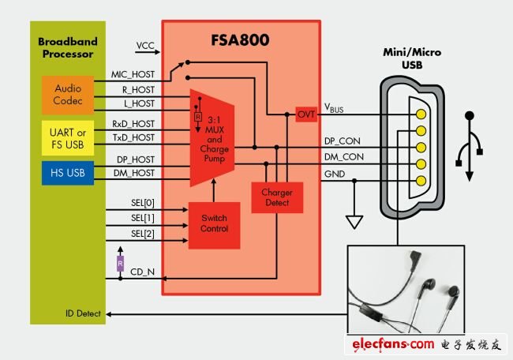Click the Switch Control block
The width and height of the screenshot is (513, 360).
point(214,223)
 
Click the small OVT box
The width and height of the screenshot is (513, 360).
point(306,114)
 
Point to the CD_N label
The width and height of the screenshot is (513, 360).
point(143,272)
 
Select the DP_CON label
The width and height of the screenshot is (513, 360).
point(344,141)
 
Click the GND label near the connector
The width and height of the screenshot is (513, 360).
point(335,174)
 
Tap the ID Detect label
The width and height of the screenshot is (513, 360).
point(83,314)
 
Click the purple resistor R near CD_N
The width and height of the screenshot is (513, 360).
point(120,261)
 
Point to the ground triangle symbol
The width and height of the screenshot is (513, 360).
point(355,221)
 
